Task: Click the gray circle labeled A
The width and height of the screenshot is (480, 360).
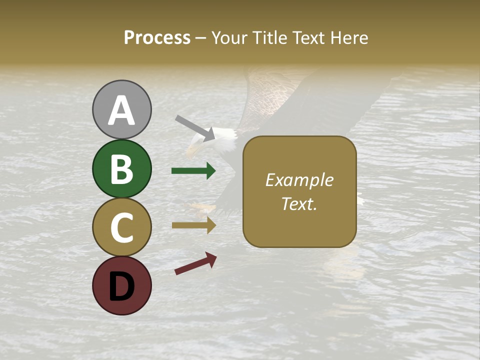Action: pyautogui.click(x=121, y=109)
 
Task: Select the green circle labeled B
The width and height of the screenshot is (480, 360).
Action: pyautogui.click(x=121, y=168)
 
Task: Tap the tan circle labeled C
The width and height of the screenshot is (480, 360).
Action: pyautogui.click(x=121, y=227)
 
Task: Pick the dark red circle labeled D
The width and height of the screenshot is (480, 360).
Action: pyautogui.click(x=121, y=285)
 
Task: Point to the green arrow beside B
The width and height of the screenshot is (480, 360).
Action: pyautogui.click(x=193, y=171)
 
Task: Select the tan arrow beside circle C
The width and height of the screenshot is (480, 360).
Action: pyautogui.click(x=193, y=225)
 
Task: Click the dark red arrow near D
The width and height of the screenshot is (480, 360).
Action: pyautogui.click(x=195, y=263)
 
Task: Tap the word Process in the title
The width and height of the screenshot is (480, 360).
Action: pyautogui.click(x=157, y=38)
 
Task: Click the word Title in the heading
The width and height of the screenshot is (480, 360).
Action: pyautogui.click(x=270, y=38)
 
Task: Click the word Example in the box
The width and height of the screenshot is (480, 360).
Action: pyautogui.click(x=299, y=180)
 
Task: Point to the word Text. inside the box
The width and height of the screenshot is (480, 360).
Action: pyautogui.click(x=299, y=203)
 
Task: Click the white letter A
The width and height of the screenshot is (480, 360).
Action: pyautogui.click(x=121, y=110)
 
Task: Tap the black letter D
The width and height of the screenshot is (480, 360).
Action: pyautogui.click(x=121, y=286)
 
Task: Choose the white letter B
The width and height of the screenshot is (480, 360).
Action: pyautogui.click(x=121, y=169)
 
